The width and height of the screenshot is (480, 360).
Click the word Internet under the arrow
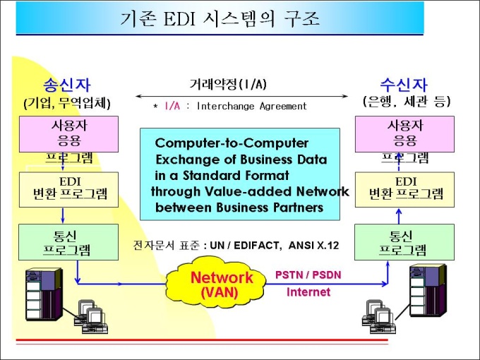coord(308,292)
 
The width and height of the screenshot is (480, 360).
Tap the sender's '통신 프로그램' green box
coord(67,242)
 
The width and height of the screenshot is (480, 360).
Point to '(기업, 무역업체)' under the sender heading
coord(67,104)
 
